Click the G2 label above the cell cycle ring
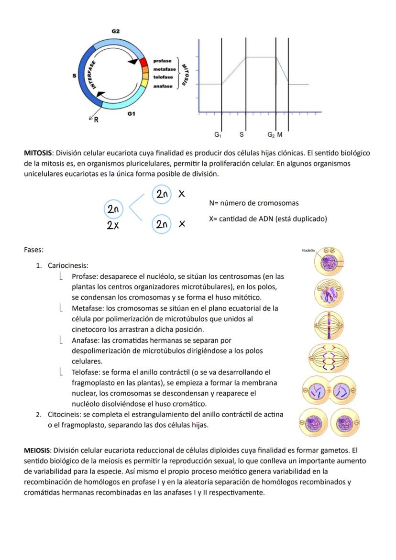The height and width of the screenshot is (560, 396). (x=116, y=31)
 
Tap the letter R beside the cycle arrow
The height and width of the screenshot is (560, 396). (x=96, y=120)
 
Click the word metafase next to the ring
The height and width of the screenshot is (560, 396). (x=165, y=69)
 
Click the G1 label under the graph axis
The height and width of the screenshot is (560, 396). (x=218, y=135)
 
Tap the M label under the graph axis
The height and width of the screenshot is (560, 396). (x=280, y=135)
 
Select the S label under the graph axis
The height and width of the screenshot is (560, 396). (x=242, y=135)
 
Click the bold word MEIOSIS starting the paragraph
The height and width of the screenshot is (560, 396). (x=38, y=450)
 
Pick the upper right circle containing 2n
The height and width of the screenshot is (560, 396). (x=161, y=194)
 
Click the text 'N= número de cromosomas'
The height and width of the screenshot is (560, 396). (x=254, y=203)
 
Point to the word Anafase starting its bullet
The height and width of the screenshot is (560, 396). (x=85, y=341)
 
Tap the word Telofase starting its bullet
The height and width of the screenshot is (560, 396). (x=86, y=372)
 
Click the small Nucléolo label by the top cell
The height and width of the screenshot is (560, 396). (x=308, y=250)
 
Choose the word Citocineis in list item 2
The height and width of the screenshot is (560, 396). (x=64, y=415)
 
